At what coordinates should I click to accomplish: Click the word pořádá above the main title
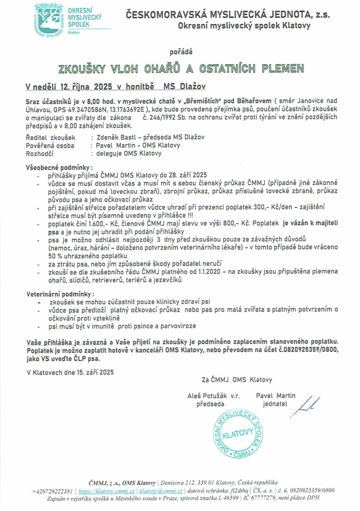[x=181, y=52]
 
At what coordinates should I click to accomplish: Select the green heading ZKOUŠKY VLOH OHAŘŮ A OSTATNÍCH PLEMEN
[x=181, y=69]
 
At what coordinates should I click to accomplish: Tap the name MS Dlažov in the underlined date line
[x=185, y=86]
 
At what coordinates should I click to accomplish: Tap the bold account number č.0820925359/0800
[x=304, y=350]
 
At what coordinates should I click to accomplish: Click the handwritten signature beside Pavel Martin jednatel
[x=308, y=404]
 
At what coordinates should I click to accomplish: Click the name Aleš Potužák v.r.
[x=214, y=396]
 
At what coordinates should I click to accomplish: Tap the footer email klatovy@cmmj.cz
[x=161, y=490]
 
